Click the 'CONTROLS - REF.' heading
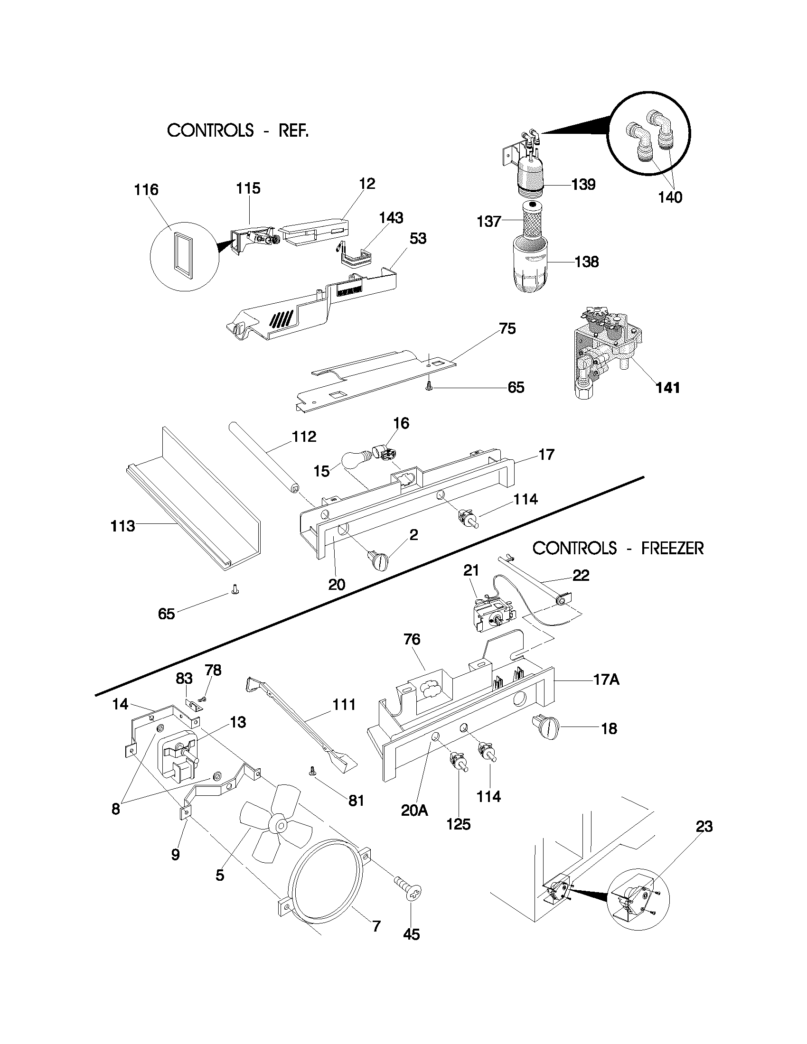click(x=238, y=130)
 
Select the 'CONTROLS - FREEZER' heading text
click(x=618, y=548)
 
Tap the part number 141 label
click(x=667, y=388)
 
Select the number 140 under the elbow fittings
click(x=670, y=197)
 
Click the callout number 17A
click(x=606, y=679)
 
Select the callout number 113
click(x=122, y=526)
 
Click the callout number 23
click(x=704, y=826)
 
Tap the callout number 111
click(x=344, y=704)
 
